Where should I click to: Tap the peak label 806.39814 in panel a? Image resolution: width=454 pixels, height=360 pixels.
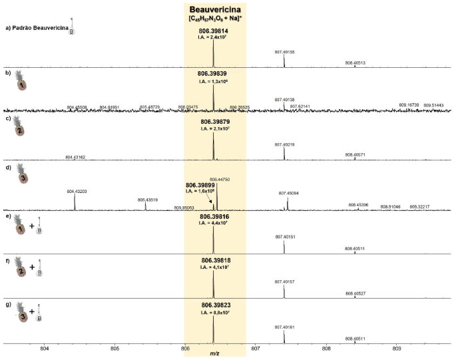tap(214, 31)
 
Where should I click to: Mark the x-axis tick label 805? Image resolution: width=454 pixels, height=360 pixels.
tap(115, 347)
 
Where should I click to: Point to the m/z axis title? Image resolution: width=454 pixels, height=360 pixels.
tap(214, 354)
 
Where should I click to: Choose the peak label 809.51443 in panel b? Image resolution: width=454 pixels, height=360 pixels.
tap(433, 105)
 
